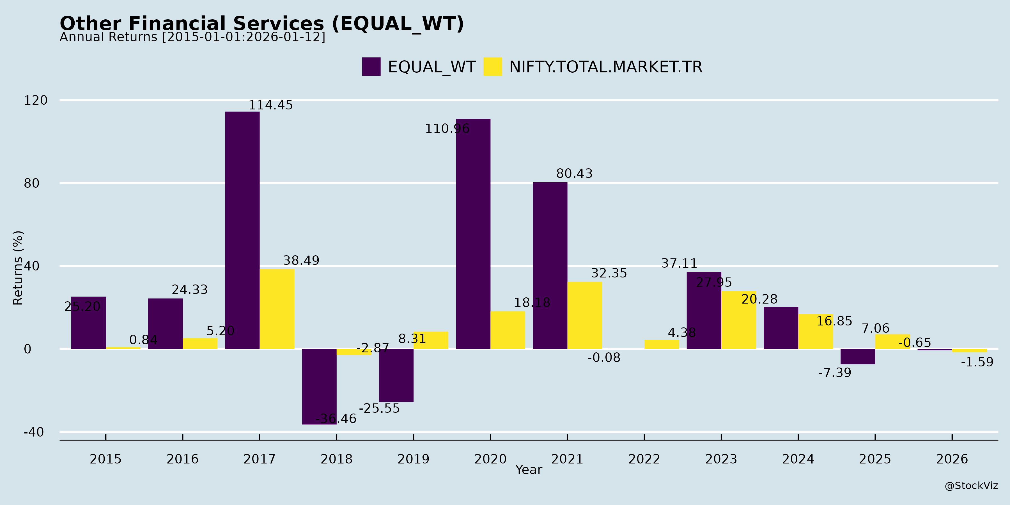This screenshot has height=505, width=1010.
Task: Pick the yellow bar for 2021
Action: (x=585, y=315)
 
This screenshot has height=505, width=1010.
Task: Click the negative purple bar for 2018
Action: (x=319, y=386)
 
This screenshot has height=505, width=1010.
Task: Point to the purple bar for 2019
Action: (x=396, y=375)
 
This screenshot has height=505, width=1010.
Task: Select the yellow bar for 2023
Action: (x=738, y=320)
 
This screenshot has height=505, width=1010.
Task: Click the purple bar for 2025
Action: (x=858, y=356)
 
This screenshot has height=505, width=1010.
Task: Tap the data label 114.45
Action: (x=270, y=105)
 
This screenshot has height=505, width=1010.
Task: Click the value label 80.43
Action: (x=574, y=173)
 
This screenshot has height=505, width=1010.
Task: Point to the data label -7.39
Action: (x=835, y=373)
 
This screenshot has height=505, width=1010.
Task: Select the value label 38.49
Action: (x=301, y=260)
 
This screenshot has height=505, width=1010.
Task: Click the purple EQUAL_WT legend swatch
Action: (x=371, y=67)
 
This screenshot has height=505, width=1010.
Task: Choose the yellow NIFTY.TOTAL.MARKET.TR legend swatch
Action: (x=492, y=67)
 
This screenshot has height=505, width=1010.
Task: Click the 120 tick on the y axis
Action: (x=36, y=100)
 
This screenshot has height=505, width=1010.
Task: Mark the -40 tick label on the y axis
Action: (x=34, y=432)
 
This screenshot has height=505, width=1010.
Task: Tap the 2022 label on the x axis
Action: (x=644, y=459)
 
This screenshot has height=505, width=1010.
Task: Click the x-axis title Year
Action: (x=529, y=470)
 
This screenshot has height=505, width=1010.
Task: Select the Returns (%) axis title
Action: (x=18, y=268)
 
